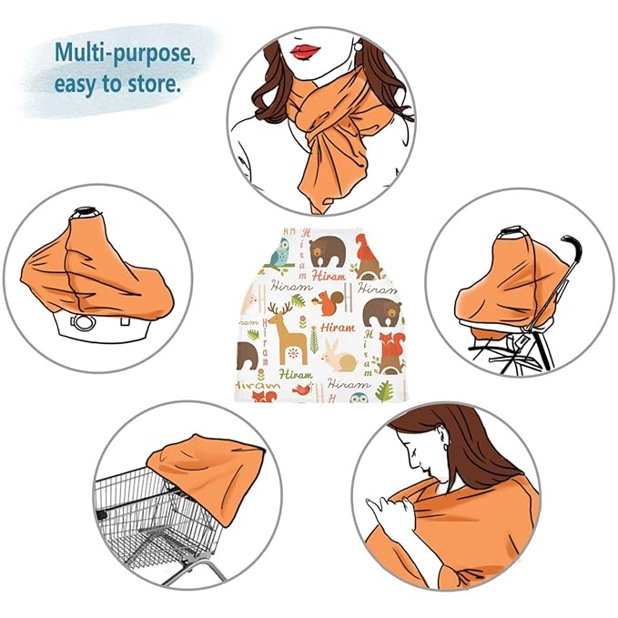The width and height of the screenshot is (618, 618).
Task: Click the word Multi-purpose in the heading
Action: click(x=125, y=53)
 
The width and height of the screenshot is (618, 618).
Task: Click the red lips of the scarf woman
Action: click(x=305, y=51)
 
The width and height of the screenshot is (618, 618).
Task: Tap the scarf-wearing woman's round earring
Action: click(x=359, y=47)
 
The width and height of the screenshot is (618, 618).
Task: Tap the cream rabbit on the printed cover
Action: click(x=339, y=356)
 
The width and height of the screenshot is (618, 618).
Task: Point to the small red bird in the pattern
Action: click(x=303, y=390)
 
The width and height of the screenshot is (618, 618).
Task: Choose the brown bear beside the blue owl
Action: click(x=327, y=252)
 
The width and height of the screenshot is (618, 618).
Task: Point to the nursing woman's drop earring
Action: click(x=445, y=447)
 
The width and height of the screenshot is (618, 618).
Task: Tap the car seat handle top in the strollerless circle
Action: click(x=86, y=212)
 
